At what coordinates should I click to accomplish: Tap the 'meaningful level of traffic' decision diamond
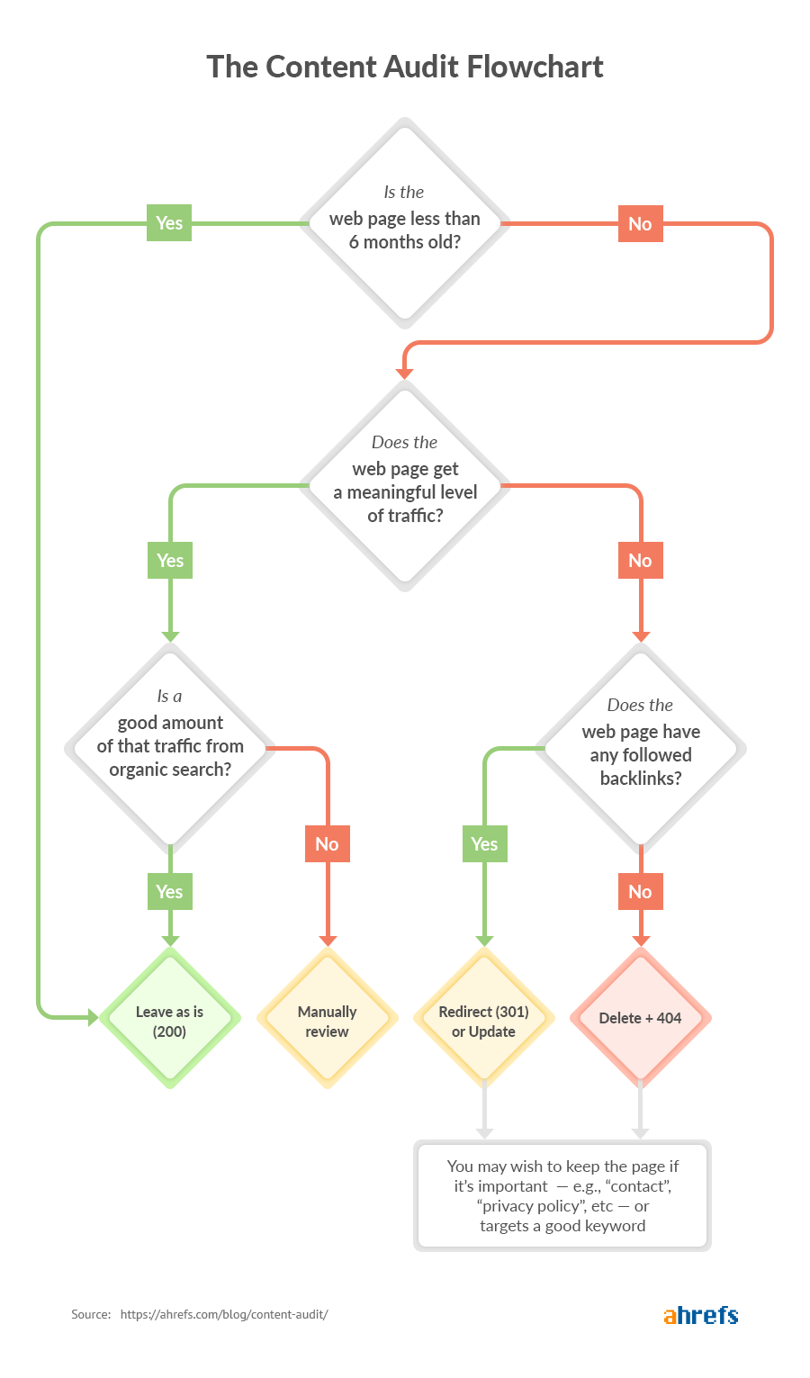(405, 486)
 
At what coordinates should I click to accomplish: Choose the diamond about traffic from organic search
(170, 746)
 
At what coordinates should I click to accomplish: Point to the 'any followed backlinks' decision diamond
(641, 747)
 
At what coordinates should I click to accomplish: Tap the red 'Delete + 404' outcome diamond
(641, 1018)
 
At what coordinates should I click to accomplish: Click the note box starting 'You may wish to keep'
(562, 1195)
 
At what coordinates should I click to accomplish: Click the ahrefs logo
(700, 1314)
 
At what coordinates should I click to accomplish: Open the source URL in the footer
(224, 1314)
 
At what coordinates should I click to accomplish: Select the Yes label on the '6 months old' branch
(169, 223)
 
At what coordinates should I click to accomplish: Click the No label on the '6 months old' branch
(640, 224)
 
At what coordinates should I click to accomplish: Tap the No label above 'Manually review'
(327, 844)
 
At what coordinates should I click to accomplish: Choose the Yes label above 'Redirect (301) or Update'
(484, 844)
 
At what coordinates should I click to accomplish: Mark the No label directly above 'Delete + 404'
(640, 892)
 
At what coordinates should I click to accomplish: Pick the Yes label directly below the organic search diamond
(169, 892)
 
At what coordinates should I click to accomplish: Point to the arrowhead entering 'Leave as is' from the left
(93, 1018)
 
